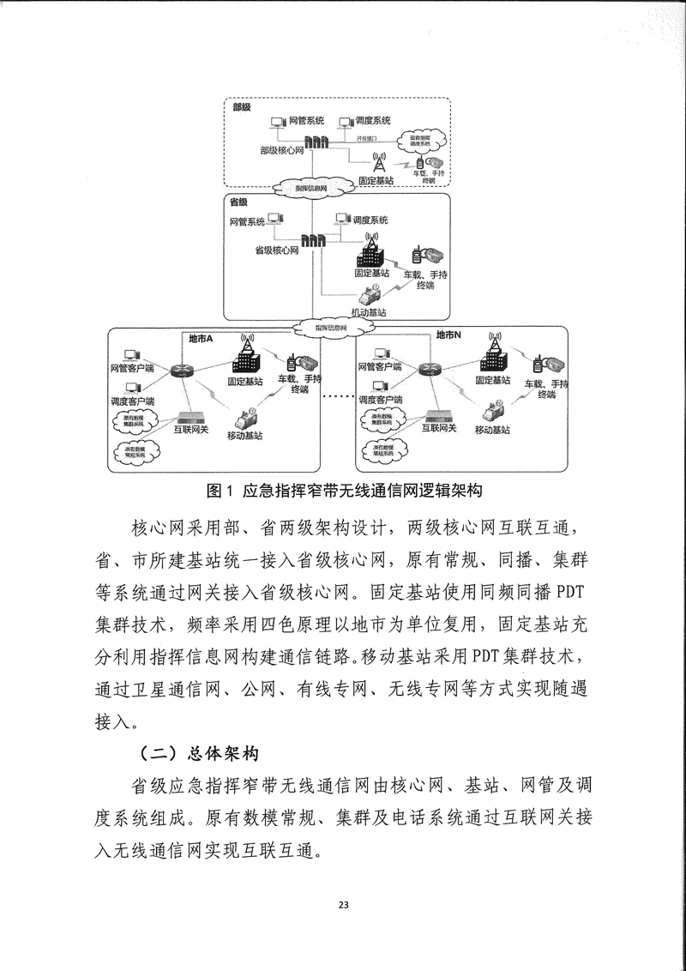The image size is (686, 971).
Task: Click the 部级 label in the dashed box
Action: tap(241, 107)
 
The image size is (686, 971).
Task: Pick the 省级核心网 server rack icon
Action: tap(313, 244)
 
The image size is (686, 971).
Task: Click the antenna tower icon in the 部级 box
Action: tap(376, 161)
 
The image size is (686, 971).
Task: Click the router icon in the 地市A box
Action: tap(181, 370)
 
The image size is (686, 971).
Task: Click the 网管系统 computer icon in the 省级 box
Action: tap(274, 220)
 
